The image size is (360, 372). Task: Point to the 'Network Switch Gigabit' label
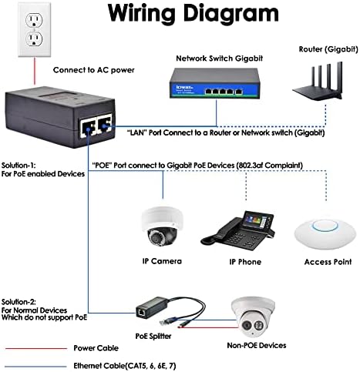tap(219, 59)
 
